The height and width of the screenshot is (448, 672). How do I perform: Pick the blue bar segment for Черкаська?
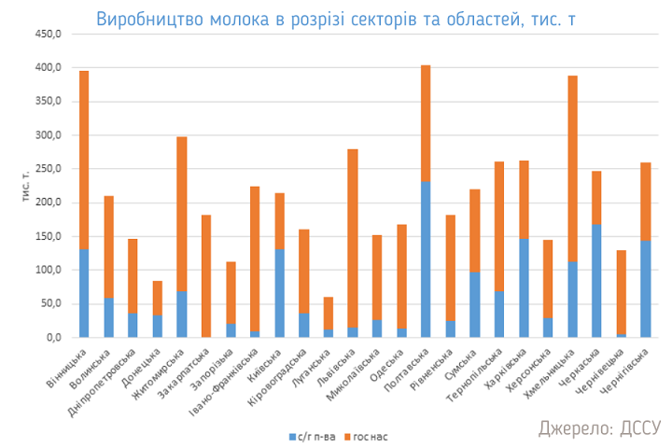click(x=596, y=280)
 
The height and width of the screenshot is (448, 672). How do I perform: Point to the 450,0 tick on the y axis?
click(x=48, y=35)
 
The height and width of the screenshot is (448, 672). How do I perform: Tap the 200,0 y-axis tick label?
click(x=48, y=203)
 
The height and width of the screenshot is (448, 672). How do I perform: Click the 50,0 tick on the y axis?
click(x=50, y=303)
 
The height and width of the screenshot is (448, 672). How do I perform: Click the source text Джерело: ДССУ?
click(x=599, y=427)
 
